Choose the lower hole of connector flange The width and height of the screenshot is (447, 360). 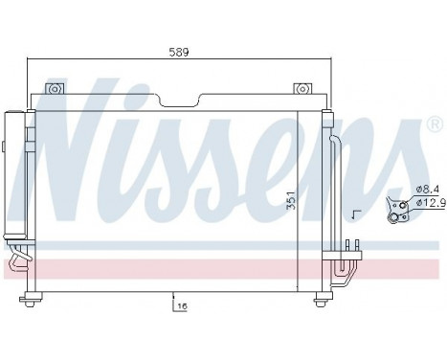pyautogui.click(x=393, y=217)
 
